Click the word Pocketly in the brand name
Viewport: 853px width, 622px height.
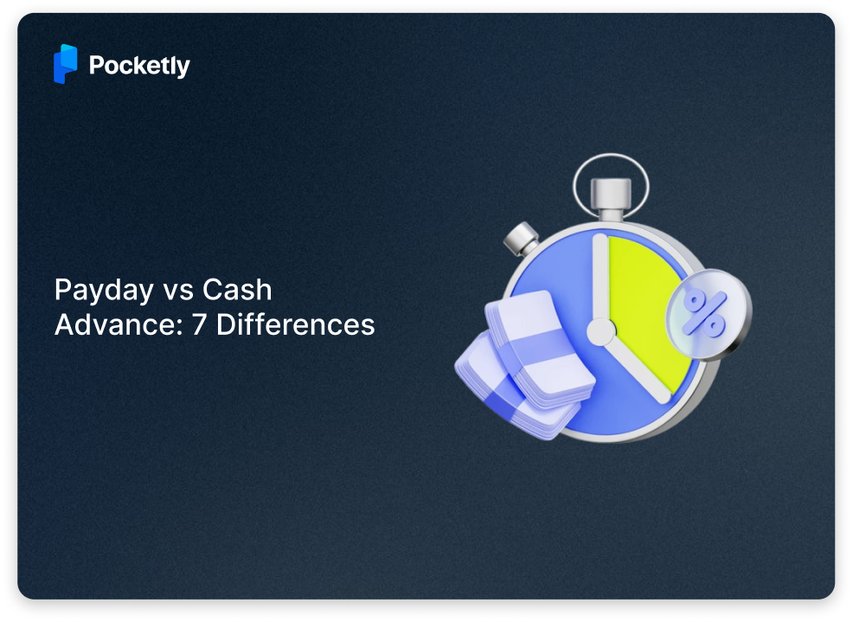click(139, 66)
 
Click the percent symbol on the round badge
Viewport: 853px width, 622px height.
click(705, 312)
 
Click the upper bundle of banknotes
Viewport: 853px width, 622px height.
click(537, 346)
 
